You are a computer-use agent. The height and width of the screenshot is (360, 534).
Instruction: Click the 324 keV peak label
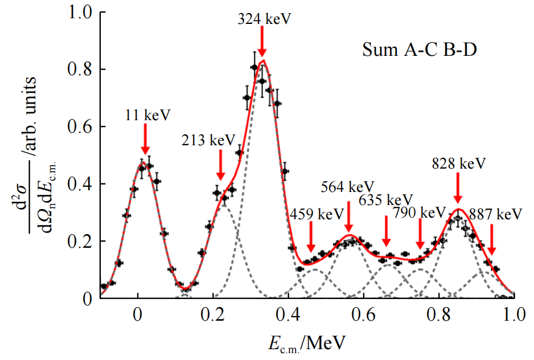coord(264,19)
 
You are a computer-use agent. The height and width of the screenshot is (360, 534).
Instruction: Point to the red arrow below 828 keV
coord(458,186)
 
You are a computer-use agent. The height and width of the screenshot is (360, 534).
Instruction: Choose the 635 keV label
coord(385,200)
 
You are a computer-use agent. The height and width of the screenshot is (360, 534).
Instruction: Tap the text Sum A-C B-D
coord(419,51)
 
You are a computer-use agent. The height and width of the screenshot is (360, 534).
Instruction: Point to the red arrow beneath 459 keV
coord(311,237)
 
